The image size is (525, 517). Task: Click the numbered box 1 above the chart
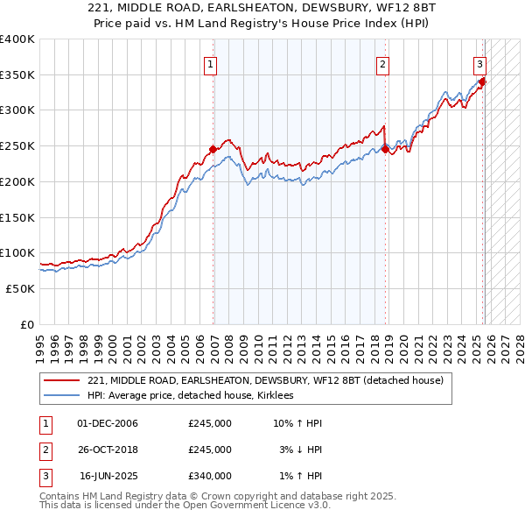click(212, 63)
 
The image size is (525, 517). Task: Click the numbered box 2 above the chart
click(383, 63)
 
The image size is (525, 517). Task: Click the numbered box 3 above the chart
click(480, 63)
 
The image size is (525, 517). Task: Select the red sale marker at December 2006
click(213, 149)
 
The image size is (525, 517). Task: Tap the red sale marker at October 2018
click(385, 150)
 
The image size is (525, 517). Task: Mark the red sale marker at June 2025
click(482, 81)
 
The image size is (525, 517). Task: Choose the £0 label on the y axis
click(28, 324)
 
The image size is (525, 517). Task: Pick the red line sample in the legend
click(62, 380)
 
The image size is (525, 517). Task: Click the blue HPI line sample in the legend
click(62, 395)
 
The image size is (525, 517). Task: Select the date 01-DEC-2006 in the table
click(108, 423)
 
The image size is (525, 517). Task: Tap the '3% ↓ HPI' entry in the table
click(301, 450)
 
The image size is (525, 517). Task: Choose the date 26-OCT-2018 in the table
click(108, 450)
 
